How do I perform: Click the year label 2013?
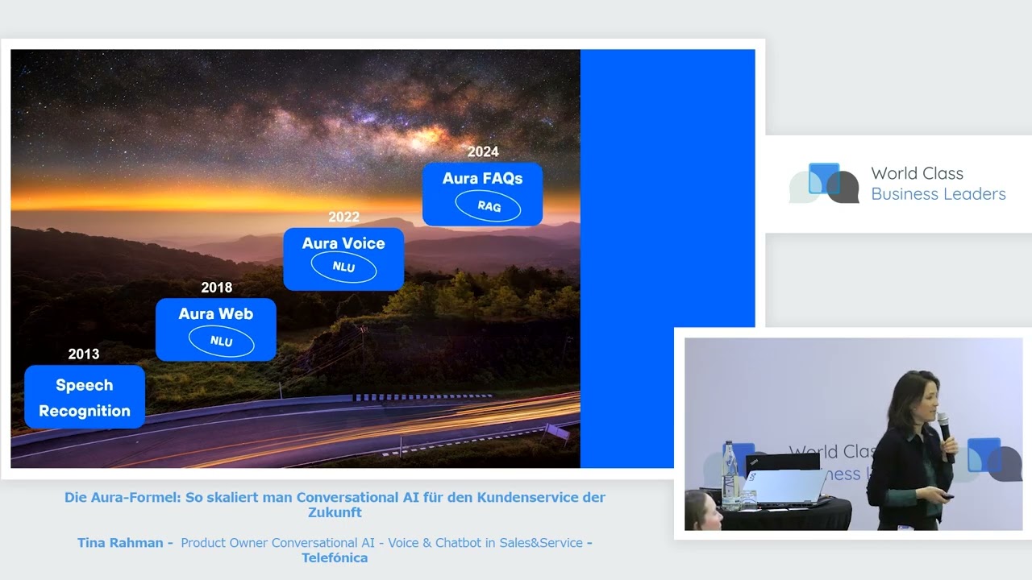[x=83, y=354]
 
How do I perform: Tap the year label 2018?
[x=217, y=288]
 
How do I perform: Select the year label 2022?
[x=343, y=217]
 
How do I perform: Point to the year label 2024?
[x=483, y=151]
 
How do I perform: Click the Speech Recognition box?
[x=85, y=397]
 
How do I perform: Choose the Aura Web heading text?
[x=215, y=314]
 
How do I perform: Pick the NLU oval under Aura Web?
[x=221, y=341]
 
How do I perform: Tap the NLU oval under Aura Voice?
[x=343, y=267]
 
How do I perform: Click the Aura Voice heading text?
[x=343, y=243]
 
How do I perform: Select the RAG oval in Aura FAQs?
[x=489, y=206]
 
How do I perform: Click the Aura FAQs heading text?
[x=482, y=178]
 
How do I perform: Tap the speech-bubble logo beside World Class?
[x=824, y=183]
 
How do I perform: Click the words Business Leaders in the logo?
[x=938, y=194]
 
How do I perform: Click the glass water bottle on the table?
[x=730, y=475]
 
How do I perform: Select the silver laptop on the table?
[x=783, y=487]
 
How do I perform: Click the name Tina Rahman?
[x=120, y=543]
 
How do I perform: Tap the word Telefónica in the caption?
[x=335, y=558]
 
